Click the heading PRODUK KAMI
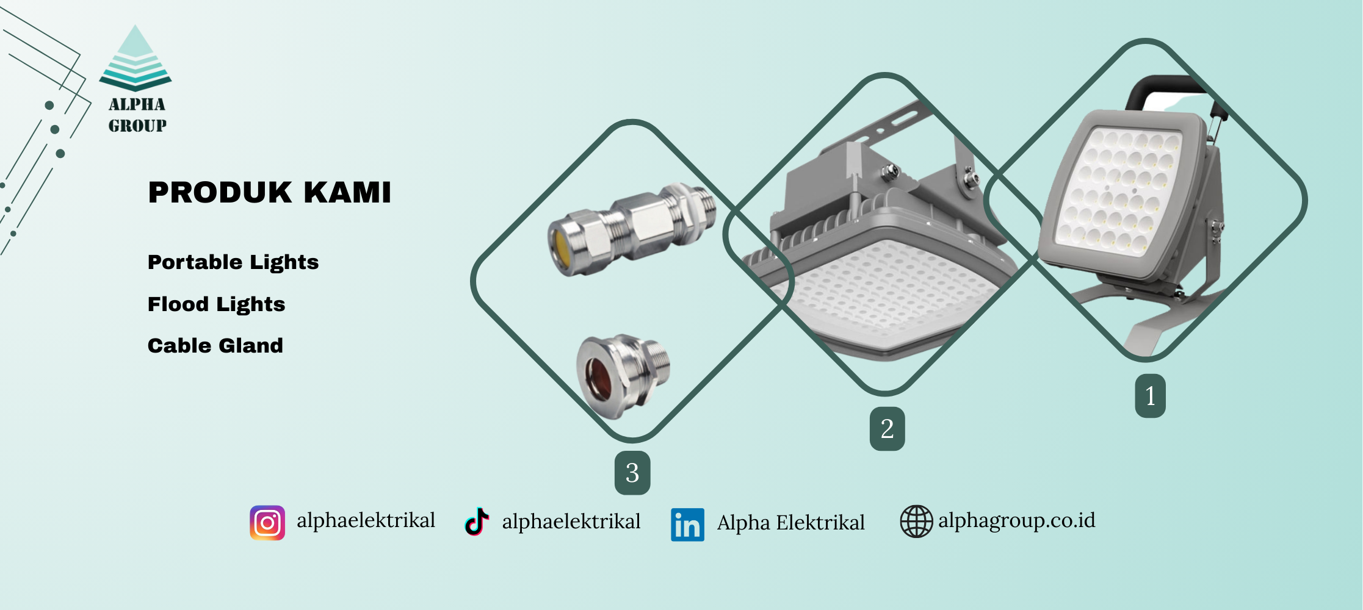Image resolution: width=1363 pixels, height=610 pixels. [x=269, y=192]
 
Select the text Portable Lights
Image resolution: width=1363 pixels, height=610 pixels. [x=233, y=262]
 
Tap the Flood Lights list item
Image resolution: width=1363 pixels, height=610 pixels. [x=217, y=304]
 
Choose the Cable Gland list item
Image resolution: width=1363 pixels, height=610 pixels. [x=215, y=346]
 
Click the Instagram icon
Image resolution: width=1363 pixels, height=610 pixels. [x=267, y=523]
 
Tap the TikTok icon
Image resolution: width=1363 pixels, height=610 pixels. [x=477, y=522]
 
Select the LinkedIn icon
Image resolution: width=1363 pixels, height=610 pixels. [x=687, y=525]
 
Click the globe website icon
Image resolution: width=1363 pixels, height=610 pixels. [x=916, y=522]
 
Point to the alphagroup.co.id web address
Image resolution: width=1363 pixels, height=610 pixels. [x=1017, y=520]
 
